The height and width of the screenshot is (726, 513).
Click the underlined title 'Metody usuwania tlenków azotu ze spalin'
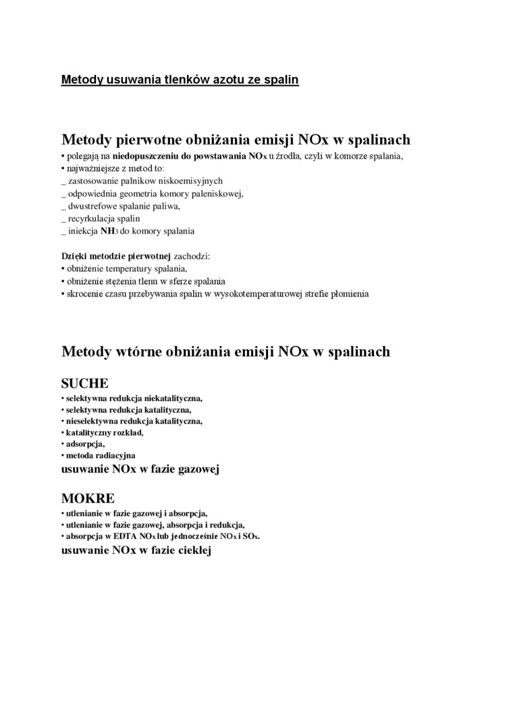180,80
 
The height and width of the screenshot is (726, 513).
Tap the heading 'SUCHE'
84,384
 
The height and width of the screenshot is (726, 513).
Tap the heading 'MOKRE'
88,499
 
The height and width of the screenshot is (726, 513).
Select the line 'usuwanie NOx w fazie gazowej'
140,468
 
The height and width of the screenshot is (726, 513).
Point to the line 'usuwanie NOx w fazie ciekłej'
136,550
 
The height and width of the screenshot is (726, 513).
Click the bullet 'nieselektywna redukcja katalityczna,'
134,421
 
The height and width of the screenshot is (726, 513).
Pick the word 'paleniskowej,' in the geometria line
217,194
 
